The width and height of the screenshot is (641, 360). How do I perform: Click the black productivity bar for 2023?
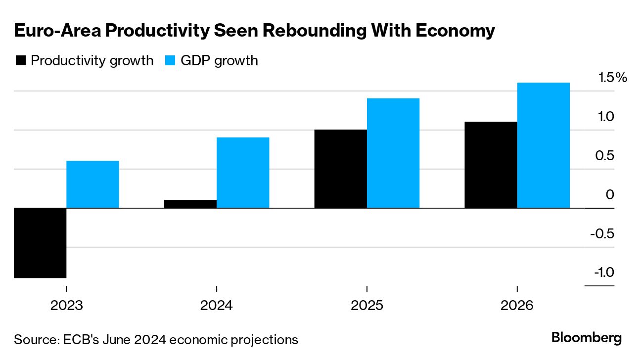[40, 243]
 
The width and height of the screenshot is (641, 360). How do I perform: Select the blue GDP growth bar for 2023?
[92, 184]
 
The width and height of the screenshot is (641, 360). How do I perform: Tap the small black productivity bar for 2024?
[190, 204]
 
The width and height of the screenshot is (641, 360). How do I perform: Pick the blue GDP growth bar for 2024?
[243, 173]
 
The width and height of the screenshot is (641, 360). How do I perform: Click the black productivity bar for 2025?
[340, 169]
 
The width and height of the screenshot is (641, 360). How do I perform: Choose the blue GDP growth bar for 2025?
[393, 153]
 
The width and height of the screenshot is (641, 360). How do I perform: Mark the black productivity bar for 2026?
[491, 165]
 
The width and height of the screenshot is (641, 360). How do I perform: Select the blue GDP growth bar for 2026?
[543, 145]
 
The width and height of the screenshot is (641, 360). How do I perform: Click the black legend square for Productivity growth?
[20, 61]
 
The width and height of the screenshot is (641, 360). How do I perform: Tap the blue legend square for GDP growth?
[170, 61]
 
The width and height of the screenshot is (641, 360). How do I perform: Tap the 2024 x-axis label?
[217, 306]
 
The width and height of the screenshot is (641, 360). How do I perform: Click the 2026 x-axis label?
[517, 306]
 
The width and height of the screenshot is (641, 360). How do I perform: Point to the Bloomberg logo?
[587, 338]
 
